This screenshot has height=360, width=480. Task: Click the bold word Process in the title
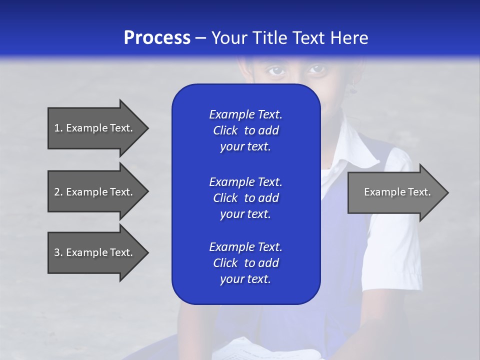(157, 38)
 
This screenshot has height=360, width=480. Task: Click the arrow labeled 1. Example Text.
(95, 128)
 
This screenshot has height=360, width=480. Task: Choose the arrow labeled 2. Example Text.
(95, 192)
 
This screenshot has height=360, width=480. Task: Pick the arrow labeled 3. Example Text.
(95, 252)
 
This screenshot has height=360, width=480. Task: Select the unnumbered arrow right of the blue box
(395, 192)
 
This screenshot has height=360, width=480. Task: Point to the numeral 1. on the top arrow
(58, 128)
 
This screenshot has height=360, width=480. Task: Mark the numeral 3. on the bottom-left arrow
(58, 252)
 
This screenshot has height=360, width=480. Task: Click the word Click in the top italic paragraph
(225, 130)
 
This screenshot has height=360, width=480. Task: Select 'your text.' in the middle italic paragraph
(245, 214)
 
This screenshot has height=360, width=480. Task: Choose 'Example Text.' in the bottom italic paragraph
(245, 247)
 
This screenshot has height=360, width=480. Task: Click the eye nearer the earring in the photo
(317, 70)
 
